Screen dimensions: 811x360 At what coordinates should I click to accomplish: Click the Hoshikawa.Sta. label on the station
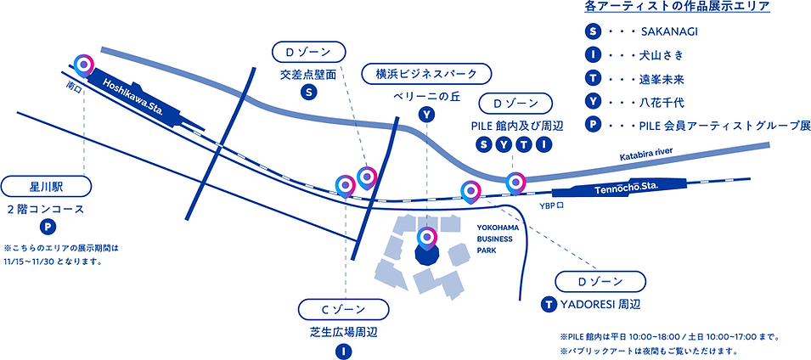[x=136, y=96]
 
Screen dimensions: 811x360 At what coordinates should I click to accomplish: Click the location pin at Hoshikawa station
[x=83, y=65]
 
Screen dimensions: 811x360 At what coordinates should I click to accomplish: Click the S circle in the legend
[x=592, y=33]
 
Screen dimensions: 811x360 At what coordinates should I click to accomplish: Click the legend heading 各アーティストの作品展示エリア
[x=677, y=8]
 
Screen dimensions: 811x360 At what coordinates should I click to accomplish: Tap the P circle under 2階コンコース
[x=48, y=227]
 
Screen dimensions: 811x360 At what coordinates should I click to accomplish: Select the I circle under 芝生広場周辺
[x=343, y=349]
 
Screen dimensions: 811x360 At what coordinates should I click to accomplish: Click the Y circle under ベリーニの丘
[x=426, y=115]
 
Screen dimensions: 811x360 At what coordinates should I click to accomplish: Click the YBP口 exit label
[x=552, y=206]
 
